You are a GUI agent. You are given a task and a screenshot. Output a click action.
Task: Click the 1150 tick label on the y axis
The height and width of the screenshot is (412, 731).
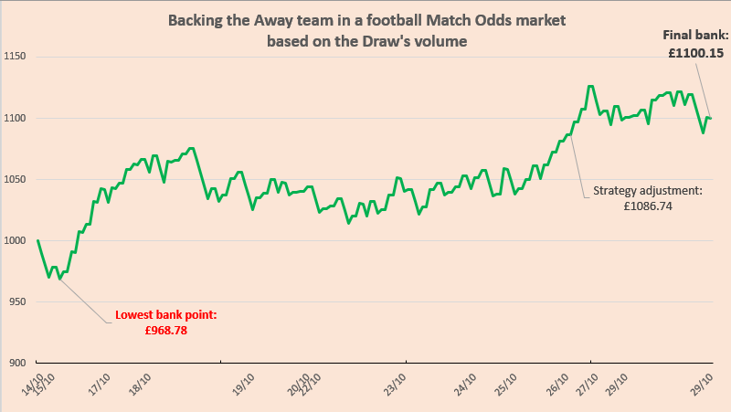tap(17, 57)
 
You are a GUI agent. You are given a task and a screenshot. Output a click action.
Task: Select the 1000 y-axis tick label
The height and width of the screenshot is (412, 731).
tap(17, 240)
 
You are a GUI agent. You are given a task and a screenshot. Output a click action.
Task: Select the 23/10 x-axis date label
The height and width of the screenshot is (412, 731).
tap(397, 382)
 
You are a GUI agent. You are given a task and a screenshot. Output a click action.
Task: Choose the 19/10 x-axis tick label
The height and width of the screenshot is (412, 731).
tap(242, 382)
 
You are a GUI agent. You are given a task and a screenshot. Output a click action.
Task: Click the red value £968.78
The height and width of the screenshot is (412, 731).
tap(165, 331)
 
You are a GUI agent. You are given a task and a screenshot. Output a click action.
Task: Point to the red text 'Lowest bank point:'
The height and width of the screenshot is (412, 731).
tap(165, 316)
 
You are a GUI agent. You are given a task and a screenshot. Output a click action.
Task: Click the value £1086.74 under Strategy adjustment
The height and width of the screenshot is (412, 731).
tap(647, 206)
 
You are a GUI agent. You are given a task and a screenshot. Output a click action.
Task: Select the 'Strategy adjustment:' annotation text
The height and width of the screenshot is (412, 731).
tap(647, 192)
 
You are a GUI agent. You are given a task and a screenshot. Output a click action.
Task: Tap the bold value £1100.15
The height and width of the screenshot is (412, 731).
tap(695, 53)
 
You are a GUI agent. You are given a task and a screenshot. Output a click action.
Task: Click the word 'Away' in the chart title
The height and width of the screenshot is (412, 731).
tap(300, 22)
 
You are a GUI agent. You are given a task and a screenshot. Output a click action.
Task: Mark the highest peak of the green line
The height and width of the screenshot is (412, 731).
tap(591, 86)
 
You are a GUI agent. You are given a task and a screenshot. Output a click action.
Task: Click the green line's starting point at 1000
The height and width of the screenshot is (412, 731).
tap(37, 240)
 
